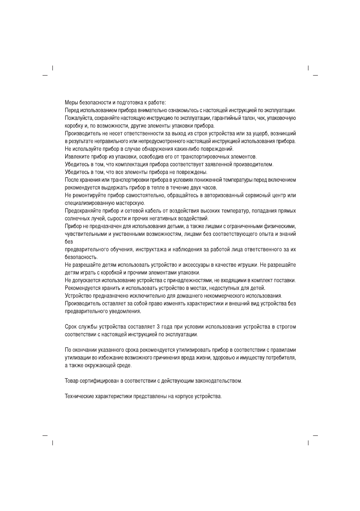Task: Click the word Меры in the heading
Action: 71,102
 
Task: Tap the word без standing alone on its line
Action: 69,241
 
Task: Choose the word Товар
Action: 72,380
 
